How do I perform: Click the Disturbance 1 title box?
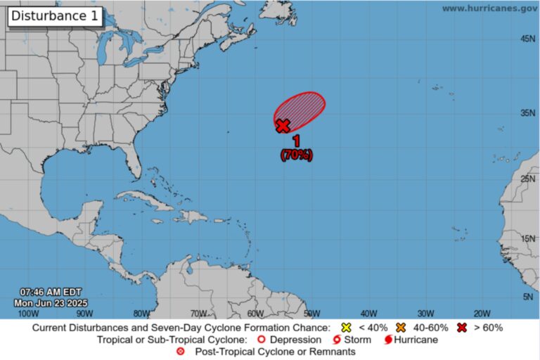coord(56,15)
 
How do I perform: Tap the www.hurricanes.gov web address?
coord(489,8)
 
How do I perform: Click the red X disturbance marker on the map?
coord(282,126)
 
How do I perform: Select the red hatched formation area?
coord(302,109)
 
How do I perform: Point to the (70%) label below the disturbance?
coord(296,155)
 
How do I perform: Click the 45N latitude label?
coord(528,39)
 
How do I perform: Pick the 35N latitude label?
coord(528,112)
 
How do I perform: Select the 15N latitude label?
coord(528,239)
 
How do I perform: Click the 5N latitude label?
coord(528,297)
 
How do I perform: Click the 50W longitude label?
coord(311,313)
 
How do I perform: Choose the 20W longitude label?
coord(482,313)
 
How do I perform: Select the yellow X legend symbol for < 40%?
coord(345,328)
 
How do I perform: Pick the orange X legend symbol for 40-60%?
coord(401,328)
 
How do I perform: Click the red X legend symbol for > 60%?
coord(462,328)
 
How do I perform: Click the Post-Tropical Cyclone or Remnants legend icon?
coord(181,352)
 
